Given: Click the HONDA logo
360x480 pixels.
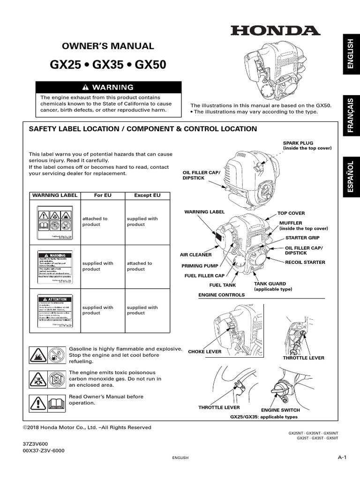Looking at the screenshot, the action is pos(275,31).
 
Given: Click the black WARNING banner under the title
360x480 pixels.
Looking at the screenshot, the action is pos(109,87).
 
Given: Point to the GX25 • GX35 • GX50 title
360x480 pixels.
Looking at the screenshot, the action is pos(108,65).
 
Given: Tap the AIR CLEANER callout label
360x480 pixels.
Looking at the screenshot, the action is pos(196,255).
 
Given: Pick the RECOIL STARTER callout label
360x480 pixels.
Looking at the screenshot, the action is pos(305,262).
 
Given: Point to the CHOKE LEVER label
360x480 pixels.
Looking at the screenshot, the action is pos(204,352).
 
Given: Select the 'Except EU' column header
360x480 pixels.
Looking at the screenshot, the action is pos(147,195).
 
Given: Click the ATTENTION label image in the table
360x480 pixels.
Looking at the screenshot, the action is pos(55,312).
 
